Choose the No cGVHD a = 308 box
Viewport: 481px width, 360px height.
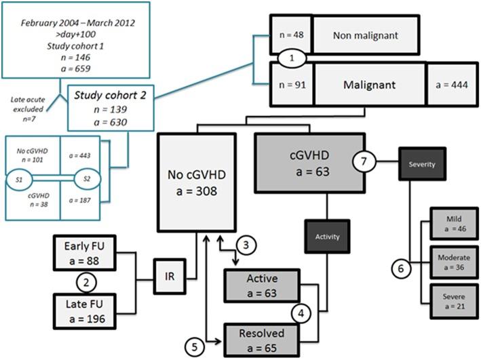coord(196,184)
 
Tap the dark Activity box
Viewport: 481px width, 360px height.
coord(327,237)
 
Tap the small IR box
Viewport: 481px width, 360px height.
coord(169,276)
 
